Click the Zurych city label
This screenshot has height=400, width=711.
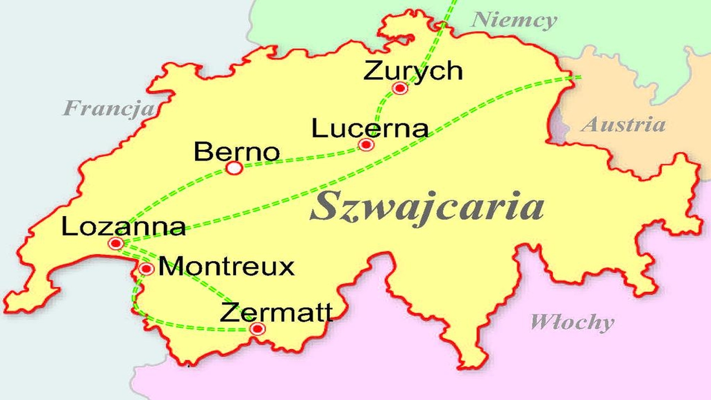coord(413,71)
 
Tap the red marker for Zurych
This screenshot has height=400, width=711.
coord(400,88)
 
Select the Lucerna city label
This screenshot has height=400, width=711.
coord(370,128)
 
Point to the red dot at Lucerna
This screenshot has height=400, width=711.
coord(366,145)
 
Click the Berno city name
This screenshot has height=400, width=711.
coord(237,152)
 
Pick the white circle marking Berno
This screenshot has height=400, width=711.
coord(234,168)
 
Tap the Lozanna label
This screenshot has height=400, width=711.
coord(123,227)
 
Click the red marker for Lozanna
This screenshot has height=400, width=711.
coord(116,243)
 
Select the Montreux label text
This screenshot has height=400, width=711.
coord(226,267)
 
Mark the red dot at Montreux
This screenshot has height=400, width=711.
coord(147,269)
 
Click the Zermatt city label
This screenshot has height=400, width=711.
coord(277,313)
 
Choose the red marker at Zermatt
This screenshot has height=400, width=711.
coord(257,329)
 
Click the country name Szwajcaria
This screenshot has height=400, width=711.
coord(427,207)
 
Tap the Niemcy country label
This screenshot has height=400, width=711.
coord(514,21)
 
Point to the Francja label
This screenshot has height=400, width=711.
coord(109,108)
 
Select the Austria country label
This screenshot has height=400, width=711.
coord(623,124)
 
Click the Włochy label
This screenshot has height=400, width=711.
coord(572,322)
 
